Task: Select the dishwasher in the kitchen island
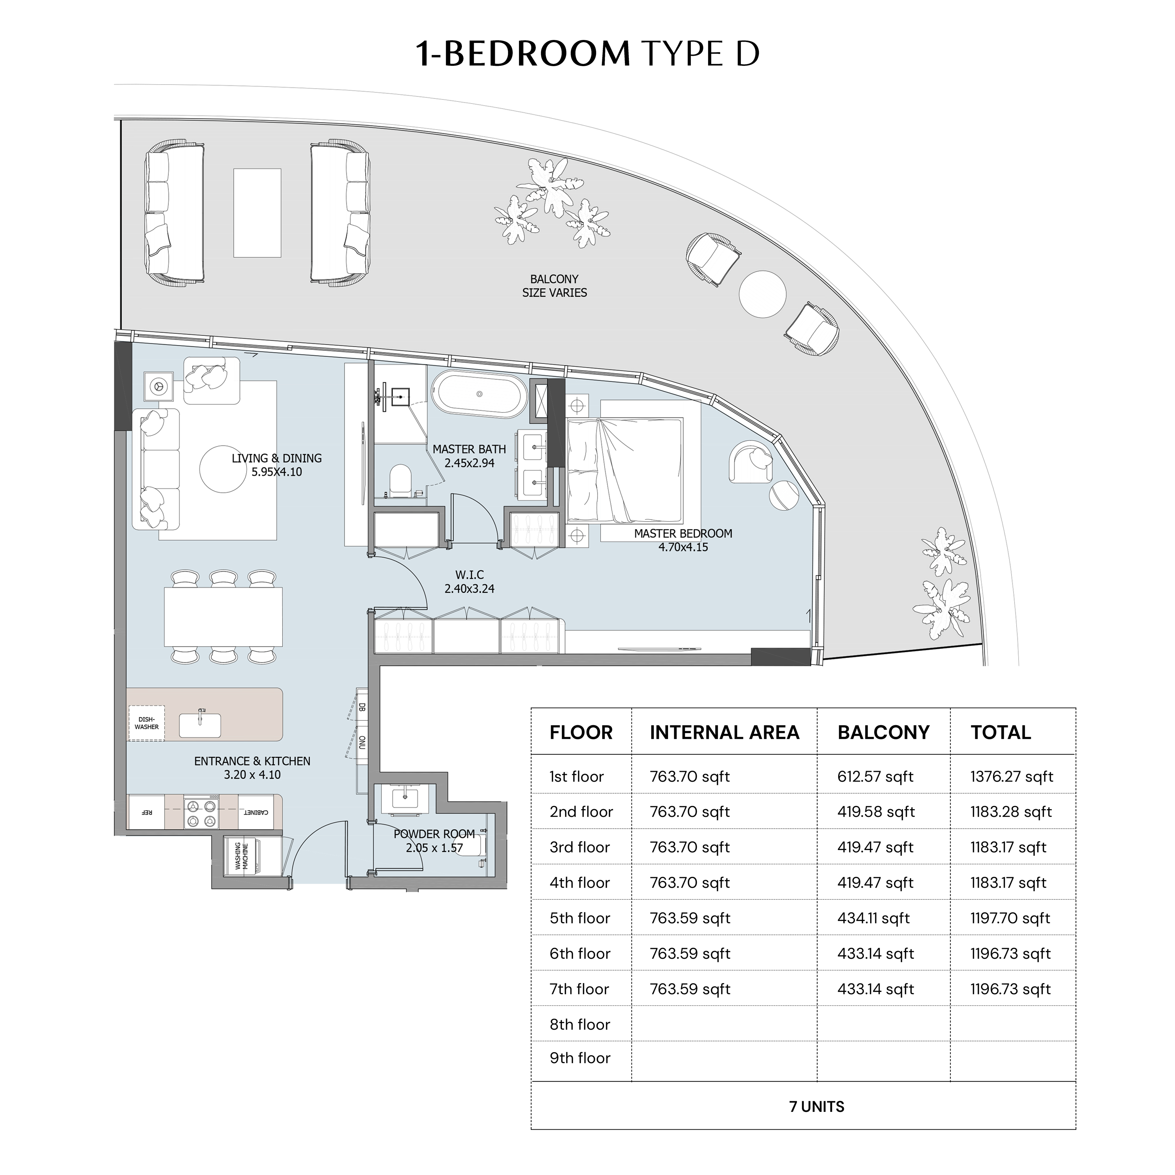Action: pyautogui.click(x=147, y=723)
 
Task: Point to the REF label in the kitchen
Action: pyautogui.click(x=147, y=812)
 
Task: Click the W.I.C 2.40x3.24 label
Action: pyautogui.click(x=470, y=581)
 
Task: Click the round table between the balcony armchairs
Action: pyautogui.click(x=763, y=294)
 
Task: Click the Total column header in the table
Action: pyautogui.click(x=1000, y=732)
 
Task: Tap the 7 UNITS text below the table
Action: pyautogui.click(x=817, y=1107)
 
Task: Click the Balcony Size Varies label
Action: pyautogui.click(x=555, y=286)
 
